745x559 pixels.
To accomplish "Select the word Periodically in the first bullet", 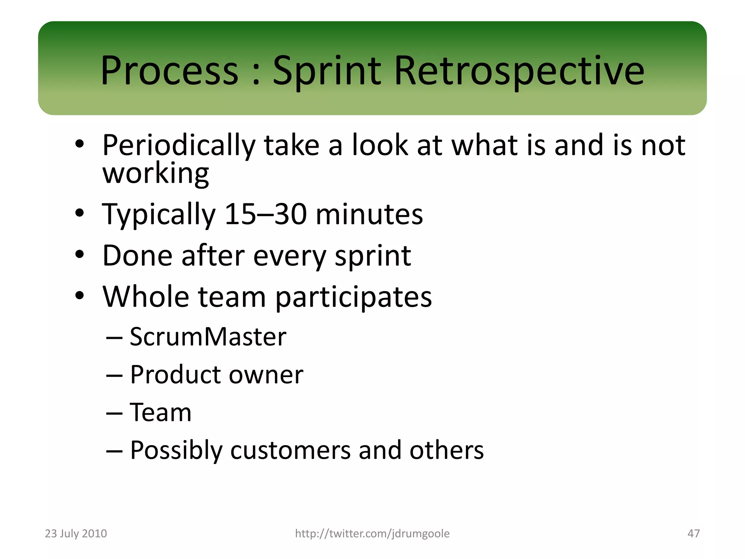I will (x=179, y=146).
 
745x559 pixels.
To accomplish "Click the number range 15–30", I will (x=266, y=214).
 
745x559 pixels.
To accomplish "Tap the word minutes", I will (x=369, y=214).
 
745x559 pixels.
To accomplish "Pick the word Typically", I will (x=159, y=215).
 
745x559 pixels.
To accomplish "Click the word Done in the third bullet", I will (x=137, y=255).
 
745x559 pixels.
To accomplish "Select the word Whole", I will (x=146, y=297).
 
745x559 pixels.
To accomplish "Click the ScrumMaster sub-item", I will (x=208, y=337).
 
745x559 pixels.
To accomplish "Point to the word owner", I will (x=266, y=375).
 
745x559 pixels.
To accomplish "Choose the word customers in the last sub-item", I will (x=290, y=451).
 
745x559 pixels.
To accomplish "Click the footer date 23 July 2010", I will (x=76, y=534).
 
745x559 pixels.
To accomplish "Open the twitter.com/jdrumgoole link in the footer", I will (x=372, y=534).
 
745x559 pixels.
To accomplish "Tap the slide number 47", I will (x=693, y=534).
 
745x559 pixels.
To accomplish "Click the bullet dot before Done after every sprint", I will (x=80, y=254).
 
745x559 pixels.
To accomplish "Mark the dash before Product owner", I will (x=114, y=376).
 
